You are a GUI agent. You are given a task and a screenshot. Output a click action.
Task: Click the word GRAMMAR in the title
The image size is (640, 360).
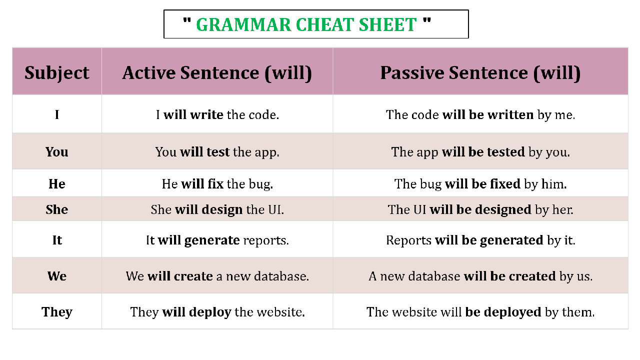click(x=243, y=24)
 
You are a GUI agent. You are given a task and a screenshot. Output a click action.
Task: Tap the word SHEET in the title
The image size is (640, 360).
click(x=387, y=24)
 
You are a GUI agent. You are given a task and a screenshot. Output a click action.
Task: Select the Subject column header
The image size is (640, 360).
click(x=57, y=73)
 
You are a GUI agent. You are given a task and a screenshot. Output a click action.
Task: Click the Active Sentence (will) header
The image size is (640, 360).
click(x=217, y=73)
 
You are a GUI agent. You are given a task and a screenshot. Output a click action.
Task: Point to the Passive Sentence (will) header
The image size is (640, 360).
click(x=480, y=73)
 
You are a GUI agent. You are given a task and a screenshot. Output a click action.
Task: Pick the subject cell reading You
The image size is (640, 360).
click(x=57, y=151)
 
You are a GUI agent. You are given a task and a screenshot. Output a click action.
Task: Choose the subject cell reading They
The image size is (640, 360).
click(x=57, y=312)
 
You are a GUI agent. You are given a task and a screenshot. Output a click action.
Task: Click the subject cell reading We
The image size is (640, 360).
click(x=57, y=276)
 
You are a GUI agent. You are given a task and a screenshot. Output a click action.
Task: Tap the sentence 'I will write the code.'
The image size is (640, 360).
click(x=217, y=114)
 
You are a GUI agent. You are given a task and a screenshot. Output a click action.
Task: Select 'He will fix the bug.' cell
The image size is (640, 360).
click(x=217, y=183)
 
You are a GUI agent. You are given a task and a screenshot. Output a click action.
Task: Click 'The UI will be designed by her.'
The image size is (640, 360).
click(x=480, y=209)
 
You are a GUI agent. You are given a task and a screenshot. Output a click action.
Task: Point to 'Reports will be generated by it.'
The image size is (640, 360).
click(x=480, y=240)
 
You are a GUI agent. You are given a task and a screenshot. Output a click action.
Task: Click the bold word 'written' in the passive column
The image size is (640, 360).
click(x=510, y=114)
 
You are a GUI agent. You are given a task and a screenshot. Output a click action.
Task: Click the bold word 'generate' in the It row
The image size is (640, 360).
click(x=212, y=240)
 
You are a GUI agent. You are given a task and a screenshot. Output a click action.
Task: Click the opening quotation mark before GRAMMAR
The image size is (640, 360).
click(x=187, y=20)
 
